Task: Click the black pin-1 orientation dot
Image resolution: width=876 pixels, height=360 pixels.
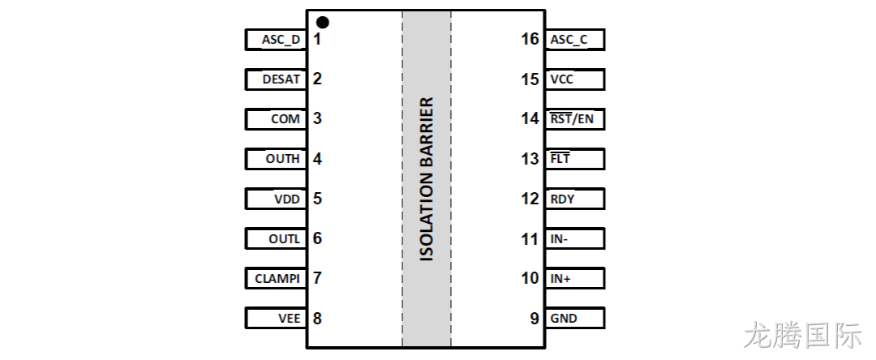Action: click(x=322, y=23)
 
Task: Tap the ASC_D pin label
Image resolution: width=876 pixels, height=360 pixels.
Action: click(x=281, y=40)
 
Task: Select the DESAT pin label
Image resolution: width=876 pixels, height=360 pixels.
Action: click(x=281, y=79)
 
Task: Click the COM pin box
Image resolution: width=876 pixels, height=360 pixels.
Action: click(x=276, y=119)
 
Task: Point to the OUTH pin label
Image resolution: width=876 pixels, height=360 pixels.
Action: click(x=283, y=158)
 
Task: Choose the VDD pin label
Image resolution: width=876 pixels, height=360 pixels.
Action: click(x=286, y=199)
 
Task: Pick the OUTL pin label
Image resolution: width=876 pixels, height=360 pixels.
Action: click(x=285, y=238)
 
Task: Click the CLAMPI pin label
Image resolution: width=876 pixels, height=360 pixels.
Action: click(x=277, y=278)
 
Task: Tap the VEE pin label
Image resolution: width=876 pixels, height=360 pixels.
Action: click(x=290, y=318)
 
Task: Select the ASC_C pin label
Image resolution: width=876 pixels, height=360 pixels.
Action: click(x=569, y=40)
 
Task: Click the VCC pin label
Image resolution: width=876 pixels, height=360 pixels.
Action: click(x=561, y=79)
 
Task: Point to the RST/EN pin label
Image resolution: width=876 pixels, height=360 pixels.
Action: click(x=572, y=118)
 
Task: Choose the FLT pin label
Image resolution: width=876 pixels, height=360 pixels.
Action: click(x=560, y=158)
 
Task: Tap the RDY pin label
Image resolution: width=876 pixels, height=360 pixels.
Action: click(x=562, y=199)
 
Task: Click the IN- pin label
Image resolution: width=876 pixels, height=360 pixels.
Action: click(x=559, y=238)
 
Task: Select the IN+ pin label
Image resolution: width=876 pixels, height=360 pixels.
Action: click(x=560, y=278)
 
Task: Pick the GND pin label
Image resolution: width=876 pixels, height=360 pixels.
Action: click(x=564, y=318)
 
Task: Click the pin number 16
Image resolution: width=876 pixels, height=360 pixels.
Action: click(x=530, y=39)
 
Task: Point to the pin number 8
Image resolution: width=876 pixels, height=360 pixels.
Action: click(x=317, y=318)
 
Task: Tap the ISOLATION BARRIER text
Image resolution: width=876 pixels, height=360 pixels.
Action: click(x=427, y=179)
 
